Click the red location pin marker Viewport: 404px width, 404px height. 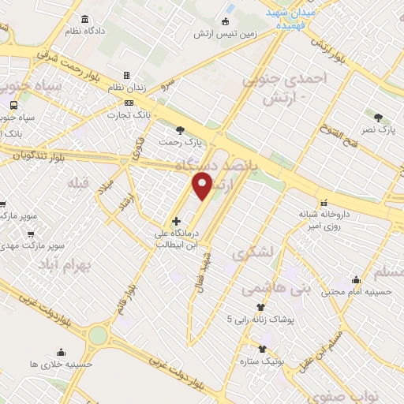coord(203,187)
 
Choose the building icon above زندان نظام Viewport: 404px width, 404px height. coord(126,76)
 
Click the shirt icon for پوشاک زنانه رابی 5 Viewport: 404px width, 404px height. coord(260,307)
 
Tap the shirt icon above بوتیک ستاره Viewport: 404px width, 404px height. coord(263,348)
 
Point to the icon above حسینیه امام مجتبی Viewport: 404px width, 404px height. coord(356,279)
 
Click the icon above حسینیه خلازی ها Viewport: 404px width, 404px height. coord(61,352)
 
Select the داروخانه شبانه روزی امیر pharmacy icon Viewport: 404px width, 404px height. coord(323,201)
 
